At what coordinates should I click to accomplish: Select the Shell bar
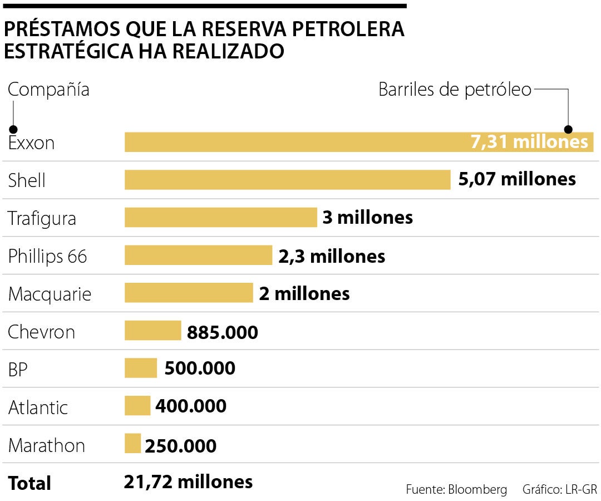coord(287,180)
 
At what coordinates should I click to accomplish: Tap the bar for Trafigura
coord(220,217)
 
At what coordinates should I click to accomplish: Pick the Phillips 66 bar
coord(198,255)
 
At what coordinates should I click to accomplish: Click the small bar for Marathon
coord(132,444)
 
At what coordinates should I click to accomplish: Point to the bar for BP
coord(141,368)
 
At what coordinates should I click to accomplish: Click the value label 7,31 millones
coord(529,142)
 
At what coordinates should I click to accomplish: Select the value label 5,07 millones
coord(517,179)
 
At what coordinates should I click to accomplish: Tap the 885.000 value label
coord(223,332)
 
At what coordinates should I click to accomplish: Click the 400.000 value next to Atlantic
coord(191,406)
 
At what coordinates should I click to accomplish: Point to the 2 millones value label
coord(304,293)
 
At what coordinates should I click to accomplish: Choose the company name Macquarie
coord(50,294)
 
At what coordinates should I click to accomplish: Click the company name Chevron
coord(41,332)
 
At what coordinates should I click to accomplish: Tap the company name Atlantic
coord(38,407)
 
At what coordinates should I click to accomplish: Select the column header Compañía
coord(48,90)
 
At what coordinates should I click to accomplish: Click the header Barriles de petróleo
coord(455,90)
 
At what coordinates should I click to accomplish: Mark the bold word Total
coord(29,483)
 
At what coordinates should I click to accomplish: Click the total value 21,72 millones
coord(188,482)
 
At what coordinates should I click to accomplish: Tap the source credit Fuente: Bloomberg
coord(456,490)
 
